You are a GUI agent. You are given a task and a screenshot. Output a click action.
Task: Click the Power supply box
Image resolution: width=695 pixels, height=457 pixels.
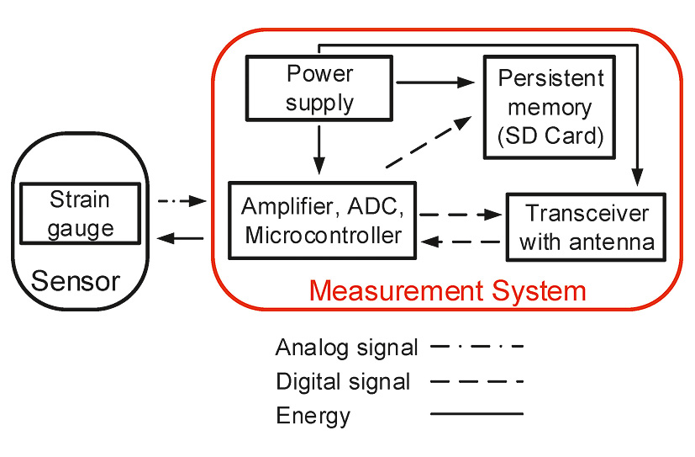pos(320,88)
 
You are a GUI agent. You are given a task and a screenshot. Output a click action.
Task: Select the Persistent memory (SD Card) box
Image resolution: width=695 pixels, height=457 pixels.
pos(550,107)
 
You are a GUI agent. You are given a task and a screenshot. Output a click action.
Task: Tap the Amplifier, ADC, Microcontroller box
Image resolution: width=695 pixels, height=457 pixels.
pos(323,221)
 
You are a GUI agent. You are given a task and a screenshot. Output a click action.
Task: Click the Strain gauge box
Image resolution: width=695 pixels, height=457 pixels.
pos(80,214)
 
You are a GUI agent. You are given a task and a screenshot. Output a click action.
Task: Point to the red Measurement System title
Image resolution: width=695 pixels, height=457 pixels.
pos(447,291)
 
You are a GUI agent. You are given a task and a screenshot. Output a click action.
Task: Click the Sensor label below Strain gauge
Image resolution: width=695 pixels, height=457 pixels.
pos(76,280)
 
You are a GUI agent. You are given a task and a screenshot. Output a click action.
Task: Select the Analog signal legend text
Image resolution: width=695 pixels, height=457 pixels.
pos(346,347)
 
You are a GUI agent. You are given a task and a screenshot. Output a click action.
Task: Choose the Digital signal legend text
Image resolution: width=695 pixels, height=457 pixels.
pos(343,381)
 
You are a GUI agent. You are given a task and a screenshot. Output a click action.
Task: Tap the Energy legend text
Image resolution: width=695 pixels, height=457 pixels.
pos(313,415)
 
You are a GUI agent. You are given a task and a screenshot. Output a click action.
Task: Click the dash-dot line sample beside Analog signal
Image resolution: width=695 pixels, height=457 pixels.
pos(476,346)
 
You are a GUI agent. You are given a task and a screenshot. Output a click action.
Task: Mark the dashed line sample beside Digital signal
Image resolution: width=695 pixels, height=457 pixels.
pos(476,380)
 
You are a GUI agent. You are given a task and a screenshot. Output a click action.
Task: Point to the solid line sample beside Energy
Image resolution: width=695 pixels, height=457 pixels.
pos(476,414)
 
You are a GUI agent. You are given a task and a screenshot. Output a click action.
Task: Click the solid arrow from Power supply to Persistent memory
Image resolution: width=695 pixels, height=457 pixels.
pos(435,82)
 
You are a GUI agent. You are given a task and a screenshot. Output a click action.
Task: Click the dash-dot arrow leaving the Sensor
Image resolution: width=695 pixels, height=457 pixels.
pos(182,201)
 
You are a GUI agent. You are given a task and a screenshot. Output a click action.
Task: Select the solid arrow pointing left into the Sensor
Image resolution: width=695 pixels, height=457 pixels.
pos(182,239)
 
